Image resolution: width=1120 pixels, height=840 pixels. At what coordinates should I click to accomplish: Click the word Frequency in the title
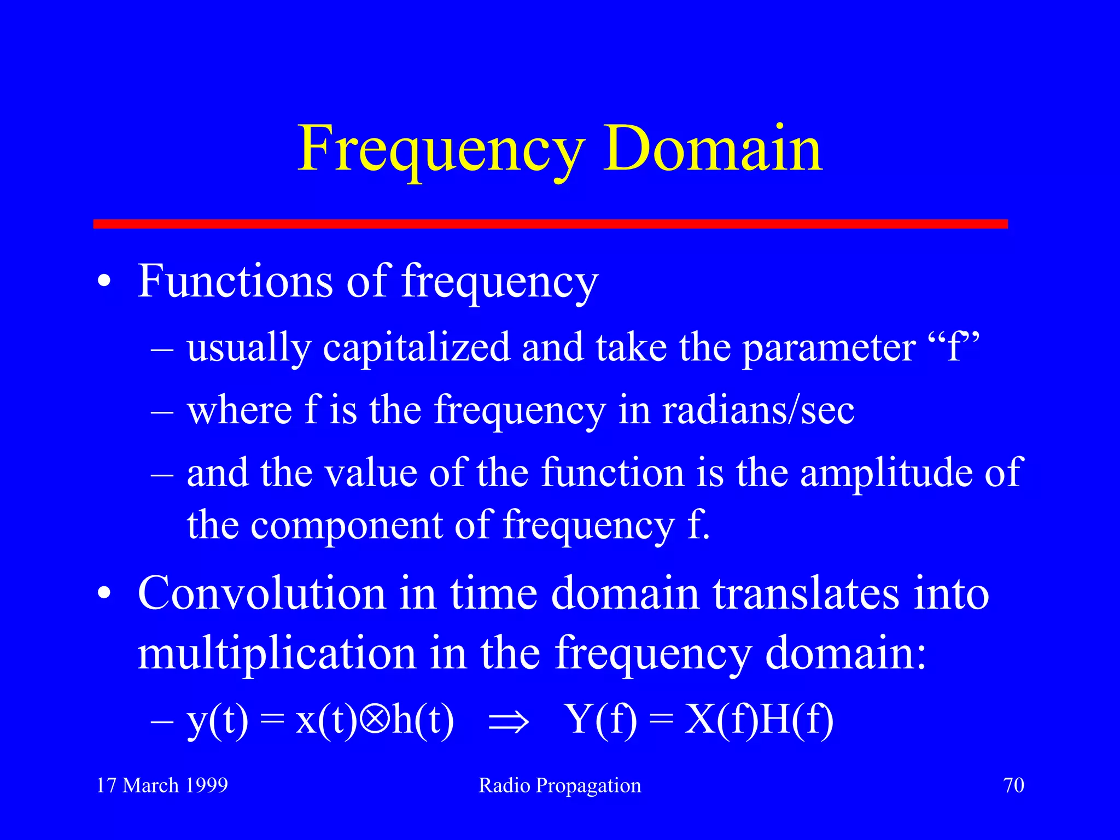pos(441,149)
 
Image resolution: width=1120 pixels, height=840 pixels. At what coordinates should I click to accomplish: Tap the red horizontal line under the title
pos(550,224)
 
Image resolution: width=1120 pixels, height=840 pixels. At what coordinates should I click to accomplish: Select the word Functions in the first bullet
pos(235,281)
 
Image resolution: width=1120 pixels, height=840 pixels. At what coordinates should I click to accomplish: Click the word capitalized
pos(416,348)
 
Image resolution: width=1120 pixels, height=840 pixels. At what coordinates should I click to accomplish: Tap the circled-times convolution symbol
pos(375,720)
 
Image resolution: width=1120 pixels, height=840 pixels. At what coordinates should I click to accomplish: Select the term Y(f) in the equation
pos(602,720)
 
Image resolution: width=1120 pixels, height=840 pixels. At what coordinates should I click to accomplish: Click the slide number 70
pos(1013,785)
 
